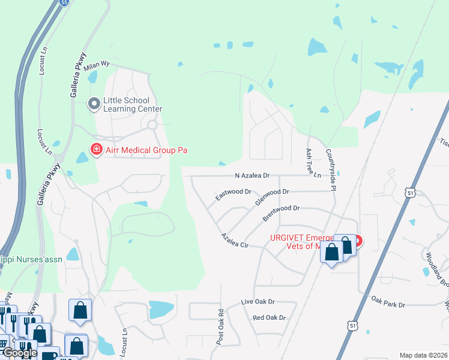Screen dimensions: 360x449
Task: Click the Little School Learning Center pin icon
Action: click(94, 104)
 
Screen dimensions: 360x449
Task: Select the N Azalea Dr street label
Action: click(252, 176)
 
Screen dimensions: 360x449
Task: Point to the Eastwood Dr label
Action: click(233, 193)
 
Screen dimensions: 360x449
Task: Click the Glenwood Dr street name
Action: click(272, 196)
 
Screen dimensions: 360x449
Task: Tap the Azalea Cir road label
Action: click(234, 241)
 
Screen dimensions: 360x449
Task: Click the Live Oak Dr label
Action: click(258, 302)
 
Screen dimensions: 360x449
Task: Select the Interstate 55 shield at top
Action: click(65, 2)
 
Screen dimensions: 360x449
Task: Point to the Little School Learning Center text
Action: click(133, 104)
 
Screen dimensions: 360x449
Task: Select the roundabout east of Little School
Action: click(152, 125)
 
